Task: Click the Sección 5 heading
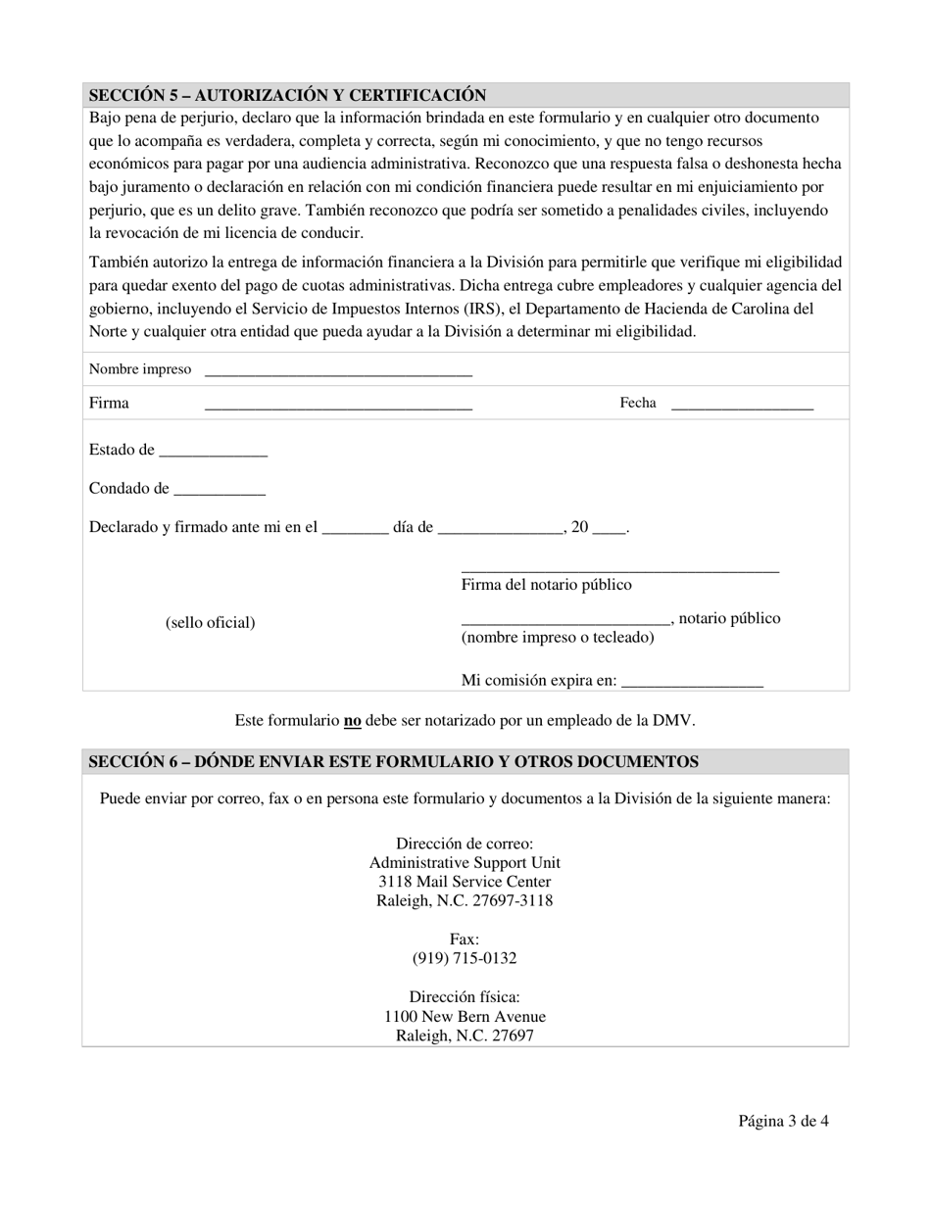(287, 95)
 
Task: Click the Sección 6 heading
(393, 761)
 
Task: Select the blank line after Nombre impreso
(338, 372)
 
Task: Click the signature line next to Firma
(338, 406)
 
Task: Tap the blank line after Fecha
(742, 406)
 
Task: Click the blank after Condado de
(220, 493)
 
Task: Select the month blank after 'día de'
(501, 531)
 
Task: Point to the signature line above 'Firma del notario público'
(619, 569)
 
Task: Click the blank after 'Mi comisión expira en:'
(692, 684)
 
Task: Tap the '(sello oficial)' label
(210, 622)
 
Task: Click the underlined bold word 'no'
(352, 720)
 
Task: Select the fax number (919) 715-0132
(465, 958)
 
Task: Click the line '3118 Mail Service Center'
(465, 882)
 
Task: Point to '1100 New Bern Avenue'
(465, 1016)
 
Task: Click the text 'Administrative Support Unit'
(465, 863)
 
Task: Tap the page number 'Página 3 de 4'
(783, 1122)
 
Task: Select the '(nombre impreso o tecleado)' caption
(558, 638)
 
